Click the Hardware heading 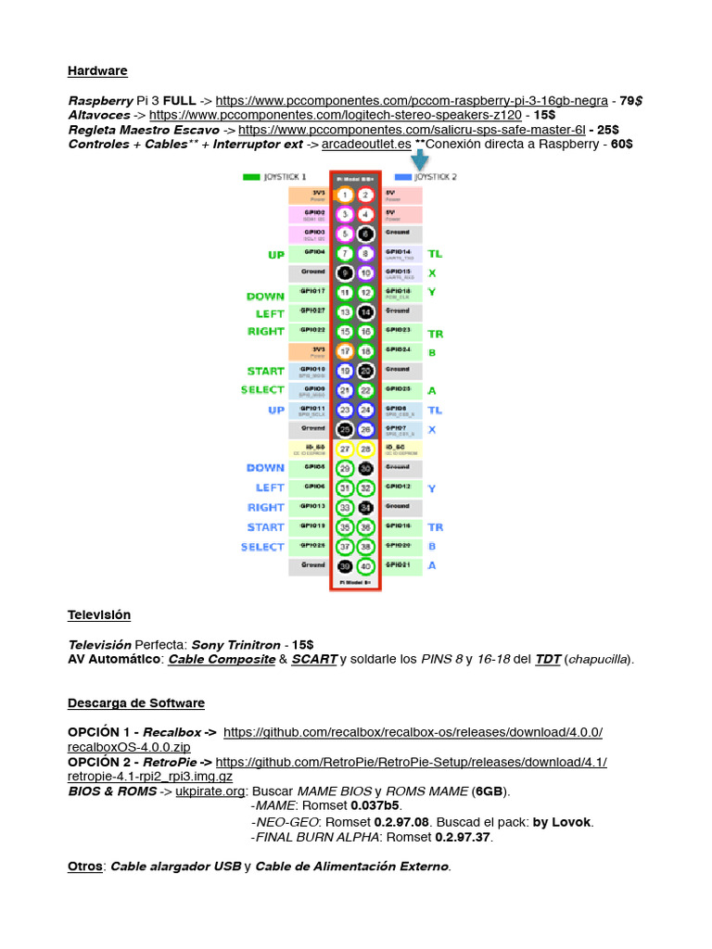tap(97, 71)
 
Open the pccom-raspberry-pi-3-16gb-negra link tap(412, 100)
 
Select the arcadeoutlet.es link tap(366, 145)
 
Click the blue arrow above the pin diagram tap(419, 160)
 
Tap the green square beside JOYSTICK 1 tap(251, 176)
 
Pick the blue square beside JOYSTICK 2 tap(403, 176)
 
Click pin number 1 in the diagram tap(345, 195)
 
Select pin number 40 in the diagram tap(366, 565)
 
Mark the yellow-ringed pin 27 tap(345, 449)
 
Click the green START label tap(265, 371)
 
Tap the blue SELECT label tap(262, 547)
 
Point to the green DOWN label tap(265, 297)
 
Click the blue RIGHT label tap(265, 507)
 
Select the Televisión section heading tap(99, 615)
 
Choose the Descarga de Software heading tap(136, 703)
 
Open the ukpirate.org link tap(210, 792)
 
